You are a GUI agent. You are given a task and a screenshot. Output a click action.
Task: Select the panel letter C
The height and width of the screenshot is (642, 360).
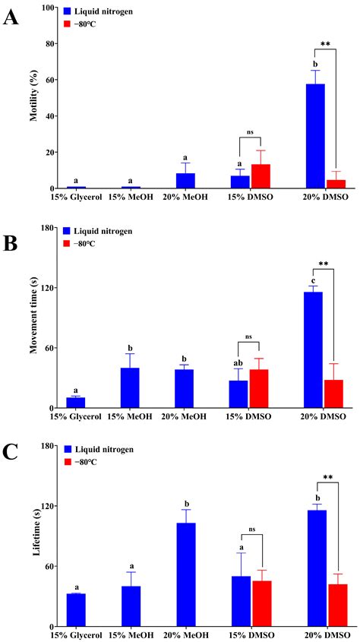11,453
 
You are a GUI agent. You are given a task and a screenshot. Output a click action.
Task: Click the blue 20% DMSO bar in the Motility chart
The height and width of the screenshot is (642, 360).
314,136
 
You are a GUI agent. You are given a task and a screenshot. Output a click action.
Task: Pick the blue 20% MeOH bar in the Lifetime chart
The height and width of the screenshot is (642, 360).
186,574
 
